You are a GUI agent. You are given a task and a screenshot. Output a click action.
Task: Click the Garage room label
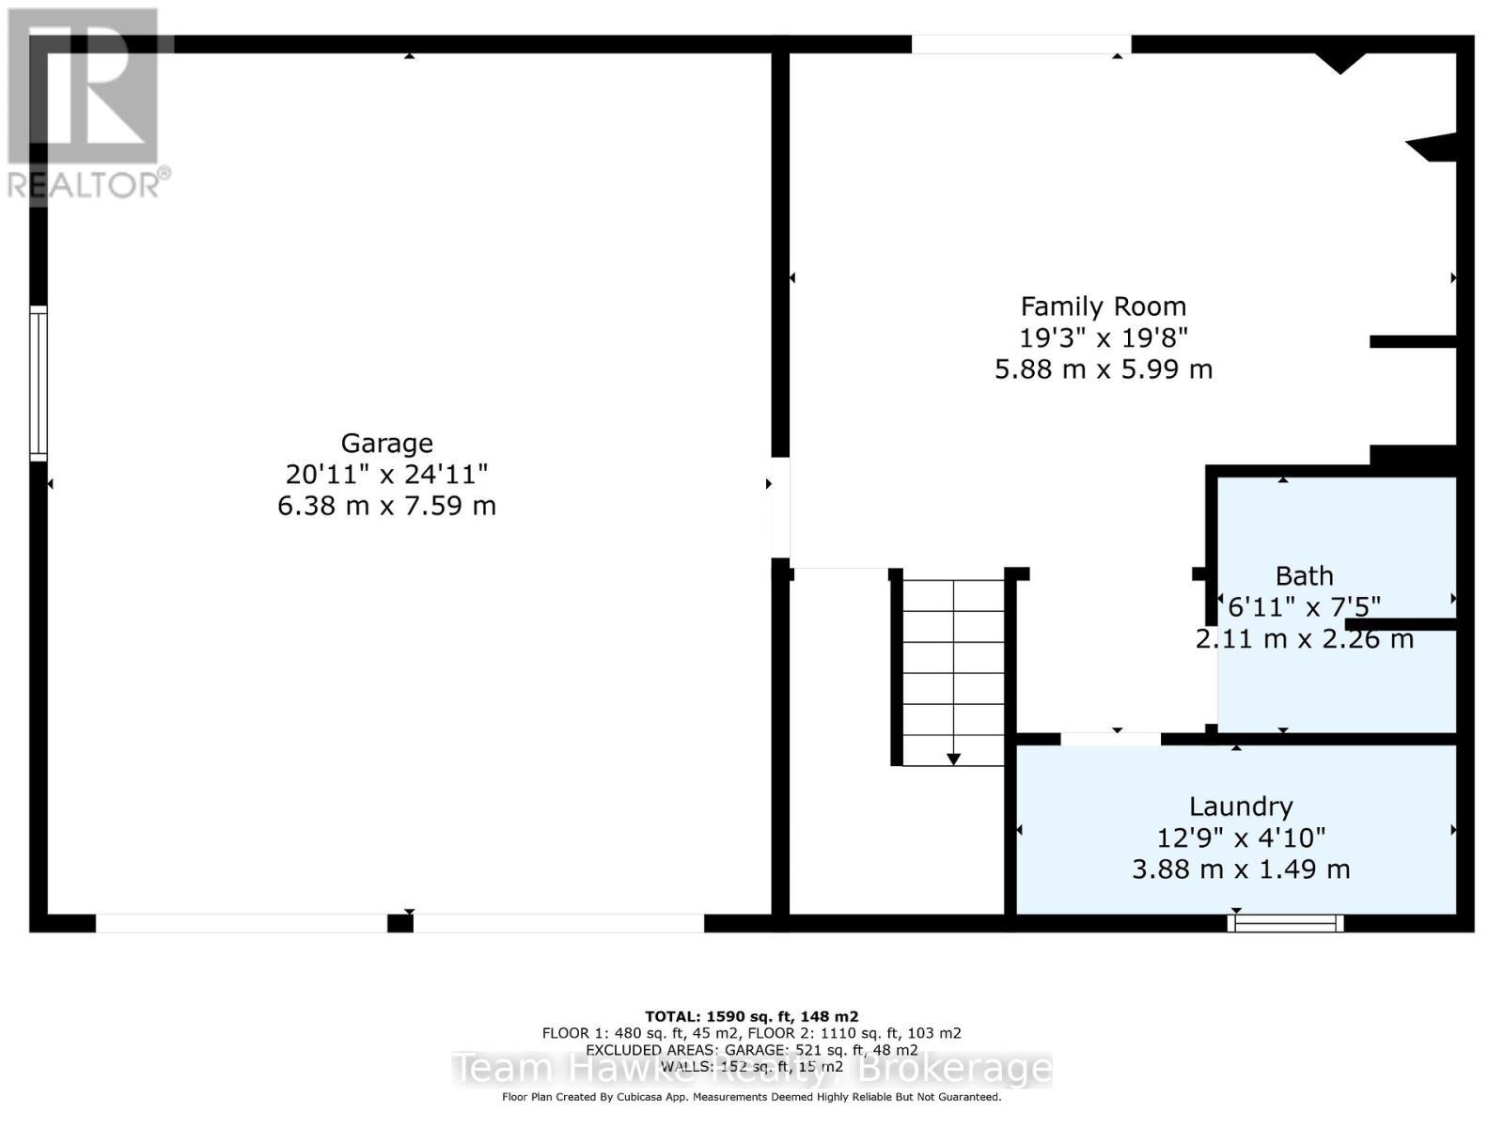tap(386, 443)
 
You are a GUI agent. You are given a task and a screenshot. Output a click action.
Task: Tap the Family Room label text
tap(1104, 306)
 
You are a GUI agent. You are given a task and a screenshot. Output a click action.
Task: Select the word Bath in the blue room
tap(1304, 575)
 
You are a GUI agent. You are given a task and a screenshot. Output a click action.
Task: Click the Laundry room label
tap(1241, 807)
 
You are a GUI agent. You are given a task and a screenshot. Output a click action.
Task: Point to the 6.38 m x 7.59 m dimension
tap(386, 506)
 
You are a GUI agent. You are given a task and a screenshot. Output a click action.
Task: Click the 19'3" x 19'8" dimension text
tap(1104, 337)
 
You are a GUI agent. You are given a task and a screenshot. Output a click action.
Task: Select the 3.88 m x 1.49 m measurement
tap(1241, 869)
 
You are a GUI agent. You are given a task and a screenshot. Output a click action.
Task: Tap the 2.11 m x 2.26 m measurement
tap(1304, 639)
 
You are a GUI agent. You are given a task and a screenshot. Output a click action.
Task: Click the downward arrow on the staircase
tap(953, 758)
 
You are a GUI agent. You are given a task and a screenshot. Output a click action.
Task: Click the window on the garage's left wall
tap(39, 383)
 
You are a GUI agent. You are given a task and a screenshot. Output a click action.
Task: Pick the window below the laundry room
tap(1285, 923)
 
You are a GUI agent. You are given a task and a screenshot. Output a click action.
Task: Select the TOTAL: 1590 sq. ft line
tap(751, 1016)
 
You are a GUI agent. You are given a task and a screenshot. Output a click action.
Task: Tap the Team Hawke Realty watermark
tap(751, 1069)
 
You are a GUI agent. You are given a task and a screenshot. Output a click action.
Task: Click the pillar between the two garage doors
tap(400, 924)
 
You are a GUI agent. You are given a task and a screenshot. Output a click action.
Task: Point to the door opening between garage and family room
tap(780, 508)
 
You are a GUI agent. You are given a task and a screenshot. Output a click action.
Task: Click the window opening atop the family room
tap(1021, 44)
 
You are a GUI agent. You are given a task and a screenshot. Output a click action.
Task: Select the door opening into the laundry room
tap(1110, 739)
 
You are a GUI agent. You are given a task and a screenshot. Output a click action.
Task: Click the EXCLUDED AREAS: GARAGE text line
tap(751, 1050)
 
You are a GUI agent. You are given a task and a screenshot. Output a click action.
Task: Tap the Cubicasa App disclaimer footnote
tap(751, 1097)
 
